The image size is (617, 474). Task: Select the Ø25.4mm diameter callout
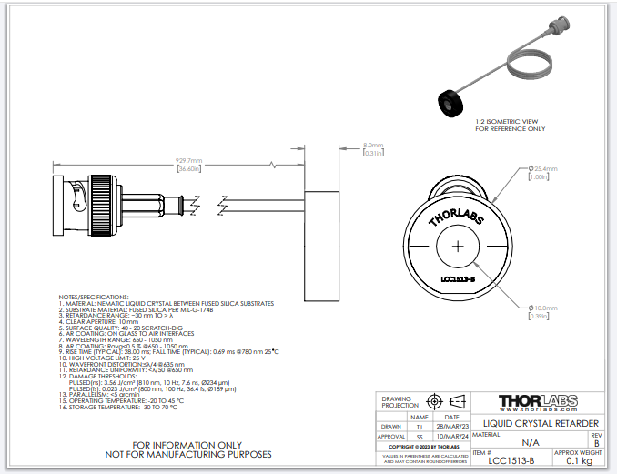544,169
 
